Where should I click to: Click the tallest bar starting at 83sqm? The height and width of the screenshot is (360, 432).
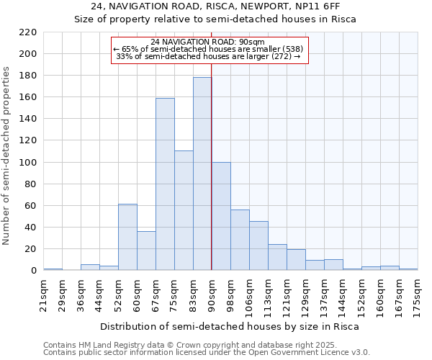202,174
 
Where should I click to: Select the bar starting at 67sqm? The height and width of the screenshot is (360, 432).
165,184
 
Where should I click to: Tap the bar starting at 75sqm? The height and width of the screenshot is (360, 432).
184,210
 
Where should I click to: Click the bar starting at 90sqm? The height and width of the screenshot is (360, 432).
221,216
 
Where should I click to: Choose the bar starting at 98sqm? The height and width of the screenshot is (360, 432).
240,240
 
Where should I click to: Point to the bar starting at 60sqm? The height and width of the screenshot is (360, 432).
146,251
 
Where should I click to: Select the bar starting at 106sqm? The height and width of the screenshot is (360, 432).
258,246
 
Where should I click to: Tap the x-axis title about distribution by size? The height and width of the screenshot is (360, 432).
229,326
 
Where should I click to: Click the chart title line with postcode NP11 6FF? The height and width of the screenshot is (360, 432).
216,6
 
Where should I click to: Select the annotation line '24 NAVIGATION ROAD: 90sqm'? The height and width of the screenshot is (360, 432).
210,42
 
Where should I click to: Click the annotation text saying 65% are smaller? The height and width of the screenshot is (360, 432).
210,49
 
